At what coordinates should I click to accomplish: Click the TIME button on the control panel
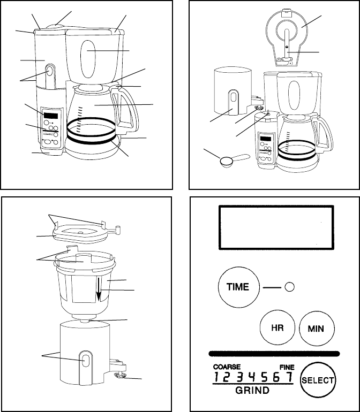coord(239,287)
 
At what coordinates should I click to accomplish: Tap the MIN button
coord(317,329)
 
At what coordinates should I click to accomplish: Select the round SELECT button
coord(318,380)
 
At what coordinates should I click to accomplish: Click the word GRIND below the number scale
coord(252,390)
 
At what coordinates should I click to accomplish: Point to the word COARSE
coord(227,367)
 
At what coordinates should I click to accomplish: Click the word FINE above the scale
coord(287,367)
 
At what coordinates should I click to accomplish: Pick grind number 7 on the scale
coord(289,377)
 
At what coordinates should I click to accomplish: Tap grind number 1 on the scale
coord(216,377)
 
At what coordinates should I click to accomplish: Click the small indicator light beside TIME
coord(289,287)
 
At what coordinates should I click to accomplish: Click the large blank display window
coord(276,227)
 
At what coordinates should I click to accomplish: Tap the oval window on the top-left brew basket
coord(88,59)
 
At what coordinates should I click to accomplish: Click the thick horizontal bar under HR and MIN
coord(274,354)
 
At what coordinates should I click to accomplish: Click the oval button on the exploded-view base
coord(86,360)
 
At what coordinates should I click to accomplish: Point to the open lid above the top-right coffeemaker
coord(287,37)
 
